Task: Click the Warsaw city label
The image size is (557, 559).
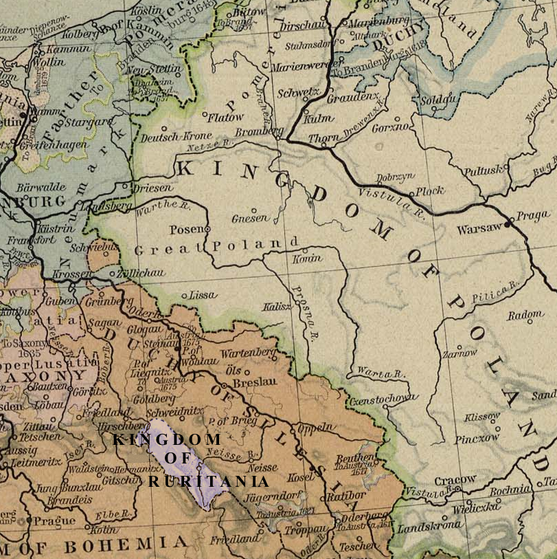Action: pos(480,227)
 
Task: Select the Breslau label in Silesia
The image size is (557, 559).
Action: pos(254,382)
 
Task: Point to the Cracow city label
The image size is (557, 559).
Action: pos(455,479)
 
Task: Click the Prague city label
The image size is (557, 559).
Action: pos(54,520)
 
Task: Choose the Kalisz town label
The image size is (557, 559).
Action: pos(277,306)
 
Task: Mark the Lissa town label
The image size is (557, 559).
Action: pos(203,295)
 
